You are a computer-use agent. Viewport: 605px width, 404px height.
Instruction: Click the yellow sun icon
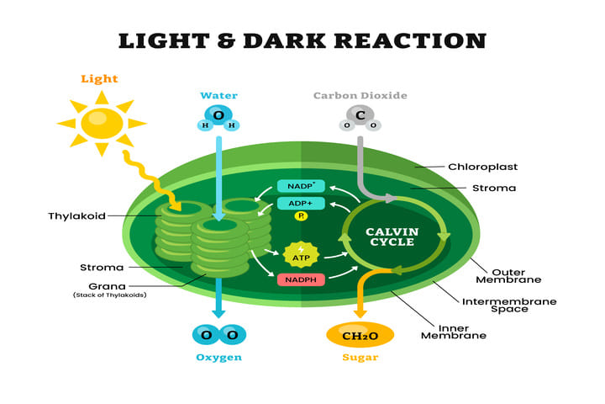coord(102,124)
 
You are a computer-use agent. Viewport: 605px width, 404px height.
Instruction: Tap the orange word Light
coord(100,79)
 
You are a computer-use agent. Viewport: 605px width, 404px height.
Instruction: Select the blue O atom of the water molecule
coord(218,115)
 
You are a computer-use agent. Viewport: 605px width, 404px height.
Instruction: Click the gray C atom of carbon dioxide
coord(360,115)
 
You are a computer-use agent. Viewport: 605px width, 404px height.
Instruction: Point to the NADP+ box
coord(301,186)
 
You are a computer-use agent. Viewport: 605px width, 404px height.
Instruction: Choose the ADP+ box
coord(301,203)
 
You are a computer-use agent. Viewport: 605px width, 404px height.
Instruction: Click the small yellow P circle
coord(301,216)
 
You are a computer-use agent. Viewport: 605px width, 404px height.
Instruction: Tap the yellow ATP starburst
coord(301,253)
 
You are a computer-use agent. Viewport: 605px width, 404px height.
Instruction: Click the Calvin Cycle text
coord(392,237)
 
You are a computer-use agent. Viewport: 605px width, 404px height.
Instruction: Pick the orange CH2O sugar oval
coord(360,335)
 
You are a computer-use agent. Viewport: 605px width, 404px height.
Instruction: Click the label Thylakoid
coord(77,216)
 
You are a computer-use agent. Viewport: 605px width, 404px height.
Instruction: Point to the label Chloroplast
coord(481,167)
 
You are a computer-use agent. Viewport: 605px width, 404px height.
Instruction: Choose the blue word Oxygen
coord(218,358)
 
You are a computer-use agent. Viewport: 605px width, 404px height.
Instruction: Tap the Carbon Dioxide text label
coord(360,95)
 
